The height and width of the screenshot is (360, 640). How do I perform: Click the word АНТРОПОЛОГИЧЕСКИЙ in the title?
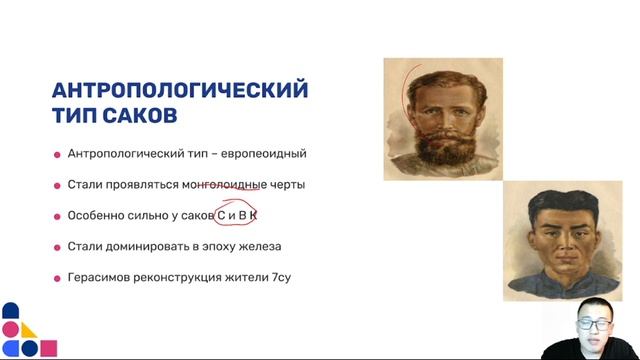pos(180,90)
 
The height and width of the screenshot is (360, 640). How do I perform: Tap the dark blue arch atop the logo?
pos(10,310)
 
